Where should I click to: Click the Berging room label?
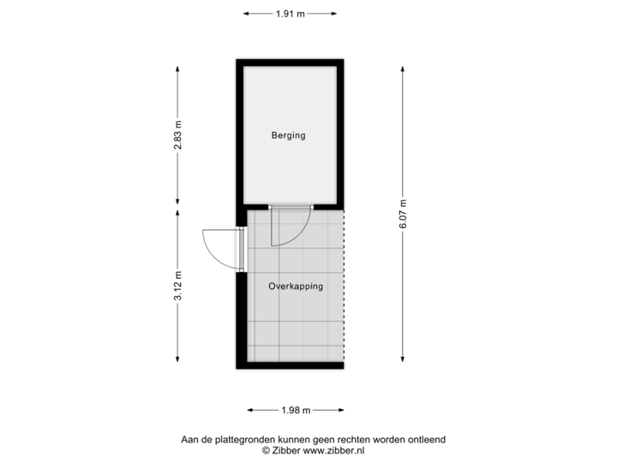(x=289, y=135)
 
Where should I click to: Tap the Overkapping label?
(x=296, y=287)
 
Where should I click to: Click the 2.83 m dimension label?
(x=177, y=135)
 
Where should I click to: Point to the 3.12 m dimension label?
(x=177, y=287)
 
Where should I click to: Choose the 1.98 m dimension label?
(x=295, y=410)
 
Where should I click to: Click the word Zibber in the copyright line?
(x=286, y=449)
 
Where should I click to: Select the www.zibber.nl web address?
(x=329, y=449)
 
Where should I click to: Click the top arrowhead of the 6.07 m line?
(x=402, y=68)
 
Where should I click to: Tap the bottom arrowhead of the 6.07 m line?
(x=402, y=359)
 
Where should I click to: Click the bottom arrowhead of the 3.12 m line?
(x=177, y=359)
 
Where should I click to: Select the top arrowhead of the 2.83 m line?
(x=177, y=68)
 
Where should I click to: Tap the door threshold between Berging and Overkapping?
(x=291, y=207)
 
